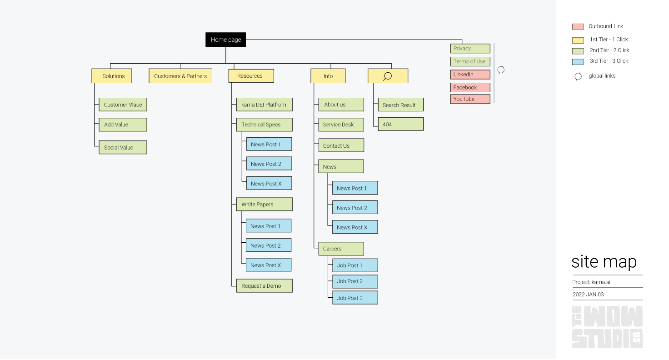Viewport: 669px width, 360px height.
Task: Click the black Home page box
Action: (225, 40)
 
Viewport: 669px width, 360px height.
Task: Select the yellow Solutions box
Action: (112, 76)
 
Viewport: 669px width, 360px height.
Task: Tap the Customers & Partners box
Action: (180, 76)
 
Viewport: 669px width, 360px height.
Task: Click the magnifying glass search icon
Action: (387, 76)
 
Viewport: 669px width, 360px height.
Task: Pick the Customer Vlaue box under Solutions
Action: (123, 105)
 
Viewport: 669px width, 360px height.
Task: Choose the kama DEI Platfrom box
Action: (264, 105)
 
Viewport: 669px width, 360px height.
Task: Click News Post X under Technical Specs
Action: (269, 184)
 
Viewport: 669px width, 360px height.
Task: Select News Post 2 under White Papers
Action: (268, 245)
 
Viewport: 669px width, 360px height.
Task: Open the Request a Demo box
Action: (264, 286)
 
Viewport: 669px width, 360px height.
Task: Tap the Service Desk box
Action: (341, 125)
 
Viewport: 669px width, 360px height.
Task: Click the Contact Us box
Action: (341, 146)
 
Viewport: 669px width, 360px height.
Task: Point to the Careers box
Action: (341, 249)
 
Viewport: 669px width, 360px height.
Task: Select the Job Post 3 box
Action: (354, 298)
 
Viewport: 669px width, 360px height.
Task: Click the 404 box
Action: (400, 124)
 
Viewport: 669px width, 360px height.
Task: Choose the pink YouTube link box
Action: (470, 99)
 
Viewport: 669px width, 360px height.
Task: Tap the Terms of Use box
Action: (470, 61)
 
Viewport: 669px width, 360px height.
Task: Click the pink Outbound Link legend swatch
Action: (578, 27)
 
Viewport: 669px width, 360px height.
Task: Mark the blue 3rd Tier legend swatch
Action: (578, 61)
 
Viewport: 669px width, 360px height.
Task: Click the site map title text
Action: (604, 262)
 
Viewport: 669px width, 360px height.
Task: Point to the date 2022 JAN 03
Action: (588, 295)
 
